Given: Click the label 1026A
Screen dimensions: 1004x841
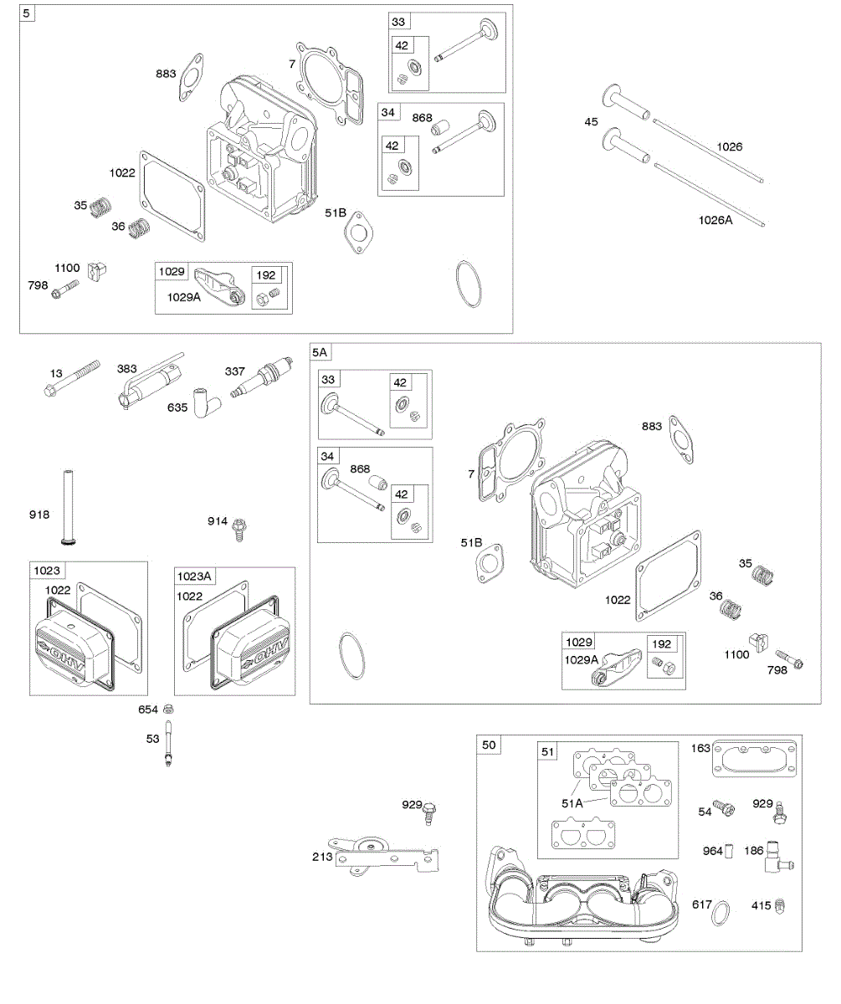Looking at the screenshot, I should (715, 220).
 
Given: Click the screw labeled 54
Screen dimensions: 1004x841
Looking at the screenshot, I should (726, 809).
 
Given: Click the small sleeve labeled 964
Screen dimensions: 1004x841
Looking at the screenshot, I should (729, 853).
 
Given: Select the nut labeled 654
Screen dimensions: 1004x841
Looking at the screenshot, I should (169, 709).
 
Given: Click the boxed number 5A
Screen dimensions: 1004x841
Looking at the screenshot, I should (319, 352).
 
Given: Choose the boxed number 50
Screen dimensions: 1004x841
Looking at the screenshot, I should (489, 745).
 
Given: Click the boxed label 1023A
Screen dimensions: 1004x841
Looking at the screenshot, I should (194, 576).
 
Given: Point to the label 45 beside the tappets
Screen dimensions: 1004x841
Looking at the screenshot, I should (592, 123).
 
